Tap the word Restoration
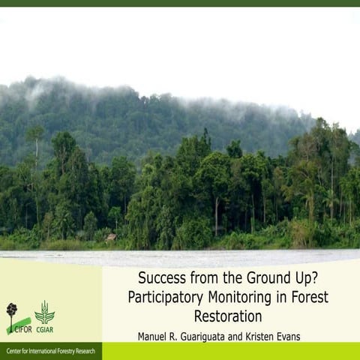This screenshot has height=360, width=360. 228,316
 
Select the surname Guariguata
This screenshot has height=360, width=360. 211,336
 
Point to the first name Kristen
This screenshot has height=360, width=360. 262,336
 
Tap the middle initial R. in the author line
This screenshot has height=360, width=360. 179,336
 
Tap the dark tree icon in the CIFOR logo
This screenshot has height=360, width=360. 11,310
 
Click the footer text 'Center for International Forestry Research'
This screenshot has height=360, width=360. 50,351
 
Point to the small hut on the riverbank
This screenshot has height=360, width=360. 111,237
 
